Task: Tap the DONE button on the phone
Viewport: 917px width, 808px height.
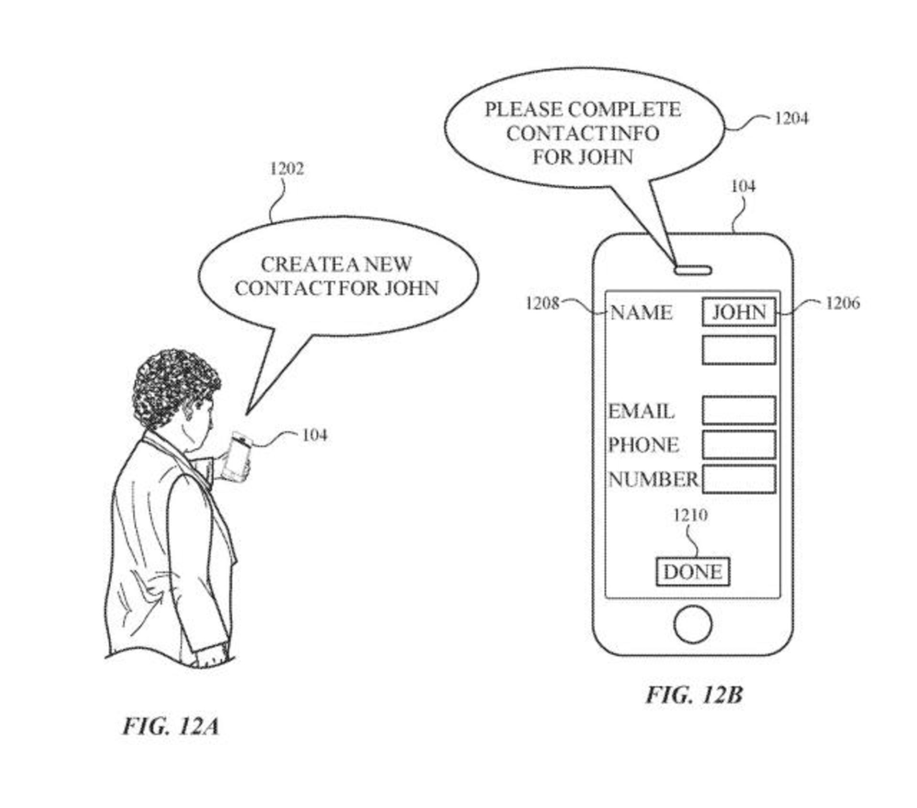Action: click(693, 572)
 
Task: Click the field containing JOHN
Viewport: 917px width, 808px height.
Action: click(738, 312)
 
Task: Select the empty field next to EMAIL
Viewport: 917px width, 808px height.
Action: click(738, 410)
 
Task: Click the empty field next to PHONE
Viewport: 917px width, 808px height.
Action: click(738, 445)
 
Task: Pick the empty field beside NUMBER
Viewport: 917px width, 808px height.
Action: click(738, 479)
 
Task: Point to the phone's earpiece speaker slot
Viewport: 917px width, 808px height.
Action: click(693, 270)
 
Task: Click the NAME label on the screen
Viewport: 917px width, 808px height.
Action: click(641, 313)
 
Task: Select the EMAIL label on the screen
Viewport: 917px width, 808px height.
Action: click(641, 411)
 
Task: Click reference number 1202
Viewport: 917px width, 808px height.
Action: click(287, 169)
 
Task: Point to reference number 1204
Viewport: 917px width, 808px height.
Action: click(791, 118)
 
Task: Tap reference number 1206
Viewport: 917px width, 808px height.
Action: click(842, 303)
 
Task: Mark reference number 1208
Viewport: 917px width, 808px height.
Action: click(542, 303)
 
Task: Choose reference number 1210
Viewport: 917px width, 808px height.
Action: click(690, 515)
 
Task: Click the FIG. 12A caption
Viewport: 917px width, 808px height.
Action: click(171, 726)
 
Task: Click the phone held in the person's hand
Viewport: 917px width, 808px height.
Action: click(238, 456)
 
